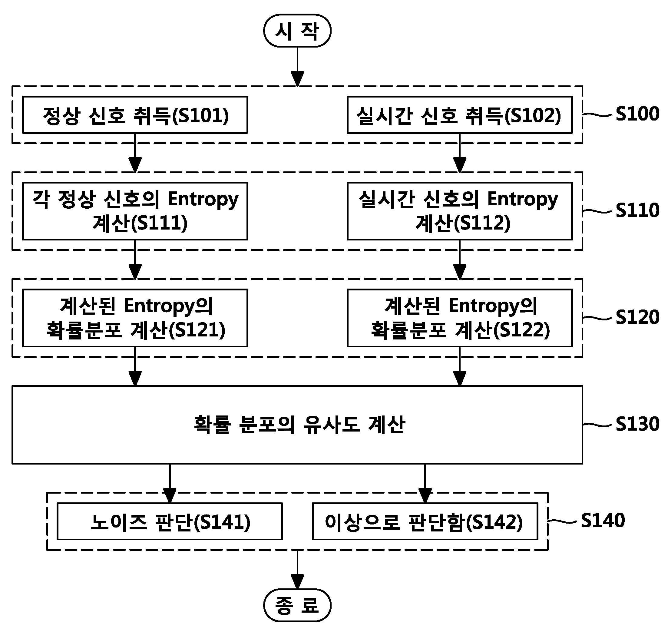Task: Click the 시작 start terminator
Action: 297,31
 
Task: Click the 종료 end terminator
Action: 297,605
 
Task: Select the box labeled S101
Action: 135,115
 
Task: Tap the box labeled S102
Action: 459,115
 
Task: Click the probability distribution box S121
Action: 135,318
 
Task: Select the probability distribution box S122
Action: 459,318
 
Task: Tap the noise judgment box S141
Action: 170,521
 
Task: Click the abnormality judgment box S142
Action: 425,521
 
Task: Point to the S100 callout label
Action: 637,114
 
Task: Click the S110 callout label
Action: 637,210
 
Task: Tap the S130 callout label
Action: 637,424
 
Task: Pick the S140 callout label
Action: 603,521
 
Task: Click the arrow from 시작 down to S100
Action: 297,67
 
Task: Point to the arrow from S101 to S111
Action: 135,153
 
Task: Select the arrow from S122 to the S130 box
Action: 459,366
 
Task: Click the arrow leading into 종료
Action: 297,570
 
